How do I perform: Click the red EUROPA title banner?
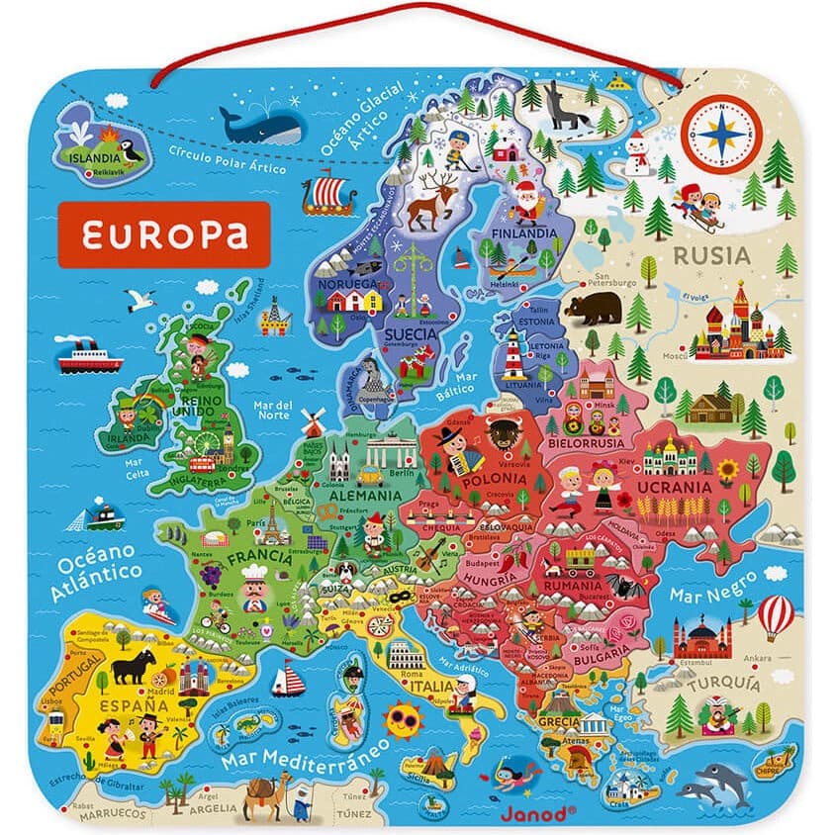click(164, 234)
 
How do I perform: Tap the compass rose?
click(722, 134)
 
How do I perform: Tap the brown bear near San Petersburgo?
click(592, 308)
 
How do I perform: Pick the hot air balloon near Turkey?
click(776, 616)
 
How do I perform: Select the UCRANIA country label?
click(674, 487)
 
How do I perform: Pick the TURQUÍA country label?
click(725, 684)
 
